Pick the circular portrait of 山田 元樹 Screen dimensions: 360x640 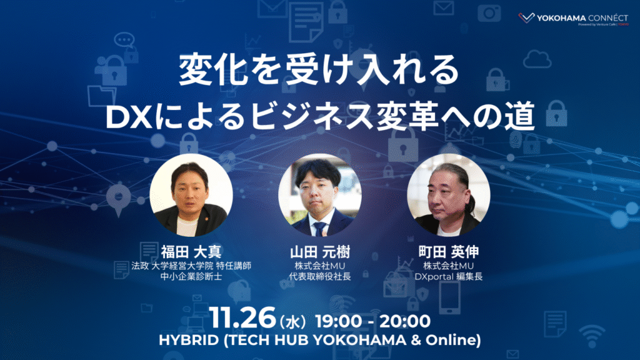(320, 194)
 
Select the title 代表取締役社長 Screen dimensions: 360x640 (320, 277)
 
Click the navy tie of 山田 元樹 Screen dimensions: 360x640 (320, 227)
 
